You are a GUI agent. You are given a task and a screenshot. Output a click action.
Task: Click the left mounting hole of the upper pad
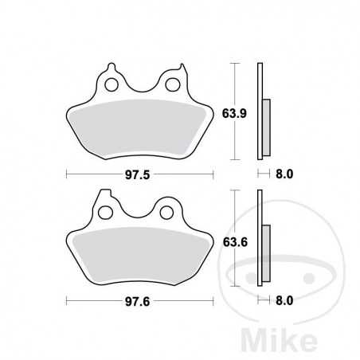click(112, 83)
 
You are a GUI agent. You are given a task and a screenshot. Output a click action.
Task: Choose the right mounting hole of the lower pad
click(170, 212)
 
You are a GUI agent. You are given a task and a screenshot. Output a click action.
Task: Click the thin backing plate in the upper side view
click(260, 112)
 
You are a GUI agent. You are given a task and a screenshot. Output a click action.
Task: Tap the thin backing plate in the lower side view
click(260, 239)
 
